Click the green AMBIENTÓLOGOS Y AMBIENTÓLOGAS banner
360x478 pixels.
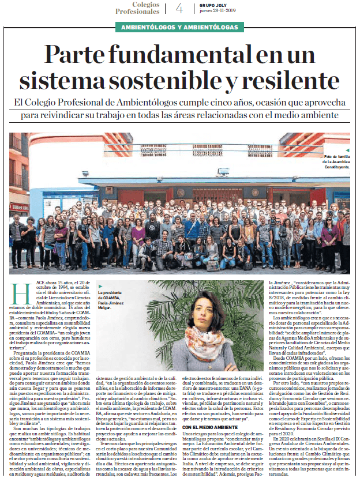[x=179, y=28]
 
